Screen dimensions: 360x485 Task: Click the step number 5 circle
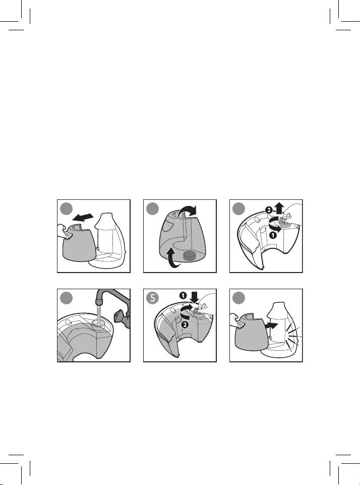click(x=152, y=298)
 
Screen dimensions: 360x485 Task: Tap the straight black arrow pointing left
click(x=83, y=218)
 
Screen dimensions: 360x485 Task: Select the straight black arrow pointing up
click(x=279, y=208)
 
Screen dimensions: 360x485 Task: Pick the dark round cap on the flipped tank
click(x=190, y=255)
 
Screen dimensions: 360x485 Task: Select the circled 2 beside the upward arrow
click(x=269, y=210)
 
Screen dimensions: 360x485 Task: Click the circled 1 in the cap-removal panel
click(x=273, y=236)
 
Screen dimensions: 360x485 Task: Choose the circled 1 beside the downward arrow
click(x=183, y=296)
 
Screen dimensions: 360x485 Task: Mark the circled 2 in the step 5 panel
click(x=185, y=325)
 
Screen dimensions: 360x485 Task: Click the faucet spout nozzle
click(x=99, y=300)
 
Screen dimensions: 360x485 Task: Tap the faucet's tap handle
click(x=121, y=317)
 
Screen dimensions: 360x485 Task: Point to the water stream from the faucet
click(x=99, y=314)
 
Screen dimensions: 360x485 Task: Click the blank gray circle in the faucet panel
click(x=66, y=298)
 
